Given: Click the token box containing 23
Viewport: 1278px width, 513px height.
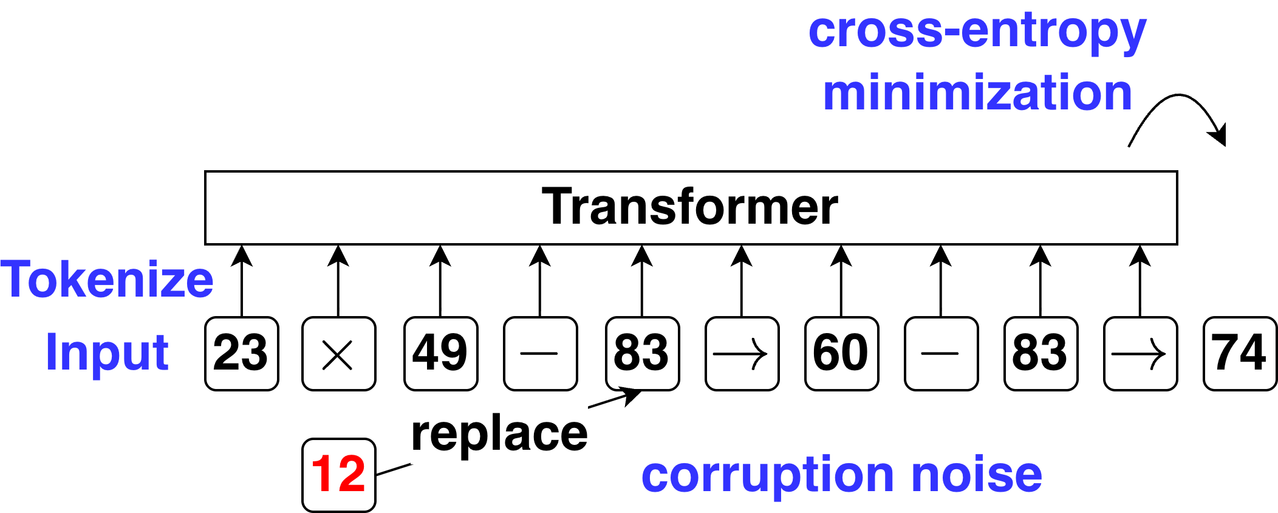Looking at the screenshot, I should click(x=242, y=353).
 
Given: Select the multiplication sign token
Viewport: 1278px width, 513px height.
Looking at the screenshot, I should click(x=339, y=353).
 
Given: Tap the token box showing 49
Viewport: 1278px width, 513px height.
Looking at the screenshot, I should click(x=441, y=353).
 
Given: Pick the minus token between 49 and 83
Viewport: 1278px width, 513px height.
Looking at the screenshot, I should click(x=540, y=353).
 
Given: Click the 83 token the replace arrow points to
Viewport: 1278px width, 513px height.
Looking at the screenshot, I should click(x=642, y=353).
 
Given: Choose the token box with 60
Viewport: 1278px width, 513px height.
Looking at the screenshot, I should click(x=841, y=353).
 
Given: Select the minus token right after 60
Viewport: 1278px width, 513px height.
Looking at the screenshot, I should click(x=941, y=353).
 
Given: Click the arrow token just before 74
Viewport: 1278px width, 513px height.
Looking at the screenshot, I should click(x=1140, y=353).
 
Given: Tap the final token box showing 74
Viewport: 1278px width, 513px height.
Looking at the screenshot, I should click(x=1240, y=353).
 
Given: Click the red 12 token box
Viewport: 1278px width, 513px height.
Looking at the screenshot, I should click(x=339, y=475).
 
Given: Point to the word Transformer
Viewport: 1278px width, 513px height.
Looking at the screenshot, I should click(x=690, y=207).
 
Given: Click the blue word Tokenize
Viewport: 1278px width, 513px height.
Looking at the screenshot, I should click(x=107, y=280).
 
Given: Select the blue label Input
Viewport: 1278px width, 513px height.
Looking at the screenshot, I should click(x=107, y=352).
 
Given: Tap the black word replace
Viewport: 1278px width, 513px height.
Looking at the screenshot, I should click(x=499, y=434).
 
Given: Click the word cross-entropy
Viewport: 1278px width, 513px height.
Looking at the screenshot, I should click(x=977, y=32).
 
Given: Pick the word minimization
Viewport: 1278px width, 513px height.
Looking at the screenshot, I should click(x=977, y=92).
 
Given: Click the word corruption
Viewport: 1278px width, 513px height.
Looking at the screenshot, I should click(x=767, y=476).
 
